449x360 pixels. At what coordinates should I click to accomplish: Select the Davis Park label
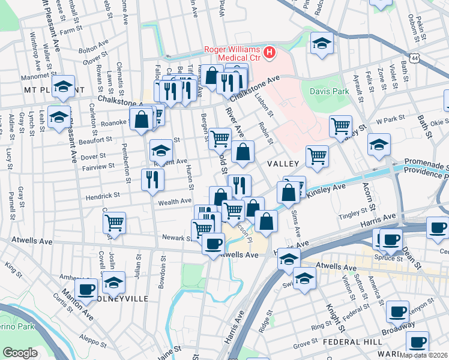[329, 92]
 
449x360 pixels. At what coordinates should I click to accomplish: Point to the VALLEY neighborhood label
[283, 164]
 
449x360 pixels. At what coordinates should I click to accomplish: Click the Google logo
[20, 353]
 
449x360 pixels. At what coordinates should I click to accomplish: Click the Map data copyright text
[423, 355]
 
